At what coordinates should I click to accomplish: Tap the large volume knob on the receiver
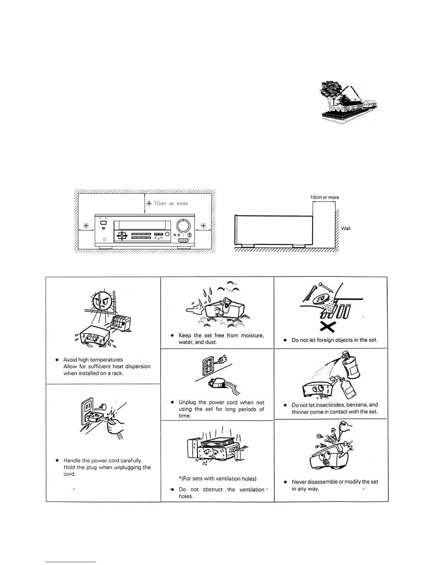click(183, 225)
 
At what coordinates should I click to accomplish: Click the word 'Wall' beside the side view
click(346, 229)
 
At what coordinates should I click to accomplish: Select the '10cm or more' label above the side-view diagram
click(325, 197)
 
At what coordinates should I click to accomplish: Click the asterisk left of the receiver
click(85, 225)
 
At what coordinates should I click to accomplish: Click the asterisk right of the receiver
click(203, 225)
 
